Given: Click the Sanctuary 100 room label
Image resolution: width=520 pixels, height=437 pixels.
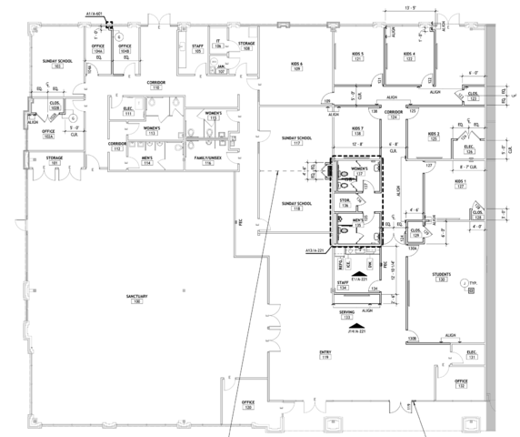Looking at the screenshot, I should [x=137, y=299].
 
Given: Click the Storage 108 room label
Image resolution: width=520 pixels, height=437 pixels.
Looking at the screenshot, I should [x=246, y=46].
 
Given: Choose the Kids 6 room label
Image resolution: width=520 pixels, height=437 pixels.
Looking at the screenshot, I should [x=295, y=65].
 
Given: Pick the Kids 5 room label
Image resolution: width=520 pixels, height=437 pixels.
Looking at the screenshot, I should [x=357, y=57].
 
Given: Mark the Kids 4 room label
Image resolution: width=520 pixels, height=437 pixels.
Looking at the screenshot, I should [x=410, y=57].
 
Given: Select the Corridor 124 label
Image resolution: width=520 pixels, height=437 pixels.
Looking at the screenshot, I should [x=393, y=115].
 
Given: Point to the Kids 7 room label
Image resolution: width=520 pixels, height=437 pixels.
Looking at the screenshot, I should [x=357, y=130].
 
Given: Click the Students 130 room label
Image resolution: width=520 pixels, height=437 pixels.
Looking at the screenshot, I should [x=442, y=276].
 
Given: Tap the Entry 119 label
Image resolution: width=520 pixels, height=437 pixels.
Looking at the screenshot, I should [x=325, y=354].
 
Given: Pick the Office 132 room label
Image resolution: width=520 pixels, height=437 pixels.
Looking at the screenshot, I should [x=462, y=383].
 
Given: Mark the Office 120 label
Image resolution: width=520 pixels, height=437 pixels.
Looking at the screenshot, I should [x=248, y=404].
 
